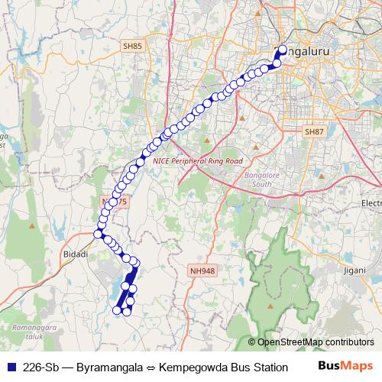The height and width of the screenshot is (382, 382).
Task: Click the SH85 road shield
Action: [x=132, y=47]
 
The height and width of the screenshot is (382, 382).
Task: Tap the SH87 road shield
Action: [x=314, y=132]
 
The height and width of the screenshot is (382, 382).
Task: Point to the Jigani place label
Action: [x=354, y=270]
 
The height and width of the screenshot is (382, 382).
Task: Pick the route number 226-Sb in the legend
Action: [x=42, y=367]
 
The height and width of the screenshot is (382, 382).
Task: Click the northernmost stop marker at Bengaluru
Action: [x=282, y=50]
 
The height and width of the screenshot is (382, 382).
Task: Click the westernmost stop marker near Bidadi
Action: [x=97, y=234]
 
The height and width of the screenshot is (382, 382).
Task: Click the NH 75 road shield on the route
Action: [x=112, y=200]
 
